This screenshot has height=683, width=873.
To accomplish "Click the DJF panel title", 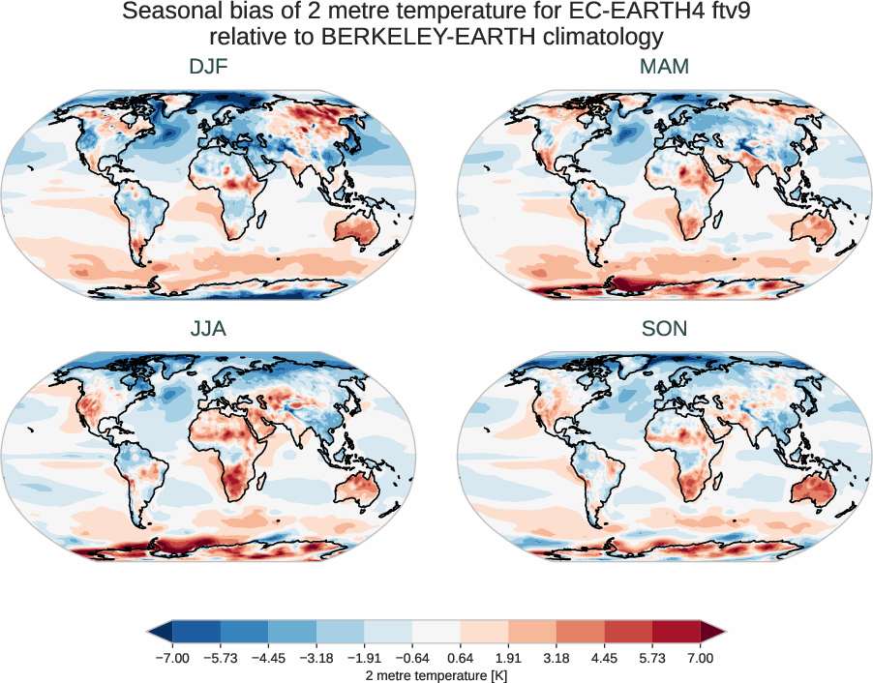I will [x=208, y=67].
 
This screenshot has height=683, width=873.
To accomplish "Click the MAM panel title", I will [x=664, y=67].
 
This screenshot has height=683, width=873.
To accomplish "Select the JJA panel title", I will [x=208, y=328].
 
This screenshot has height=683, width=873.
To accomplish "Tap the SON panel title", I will [x=664, y=328].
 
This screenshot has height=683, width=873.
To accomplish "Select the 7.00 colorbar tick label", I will [x=701, y=658].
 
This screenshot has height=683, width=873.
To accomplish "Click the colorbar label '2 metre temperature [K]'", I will [x=436, y=674].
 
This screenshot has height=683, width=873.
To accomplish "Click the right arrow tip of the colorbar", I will [x=721, y=633].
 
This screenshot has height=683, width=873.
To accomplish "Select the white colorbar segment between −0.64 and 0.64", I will [x=436, y=633].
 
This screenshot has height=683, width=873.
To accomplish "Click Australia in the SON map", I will [x=810, y=489].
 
